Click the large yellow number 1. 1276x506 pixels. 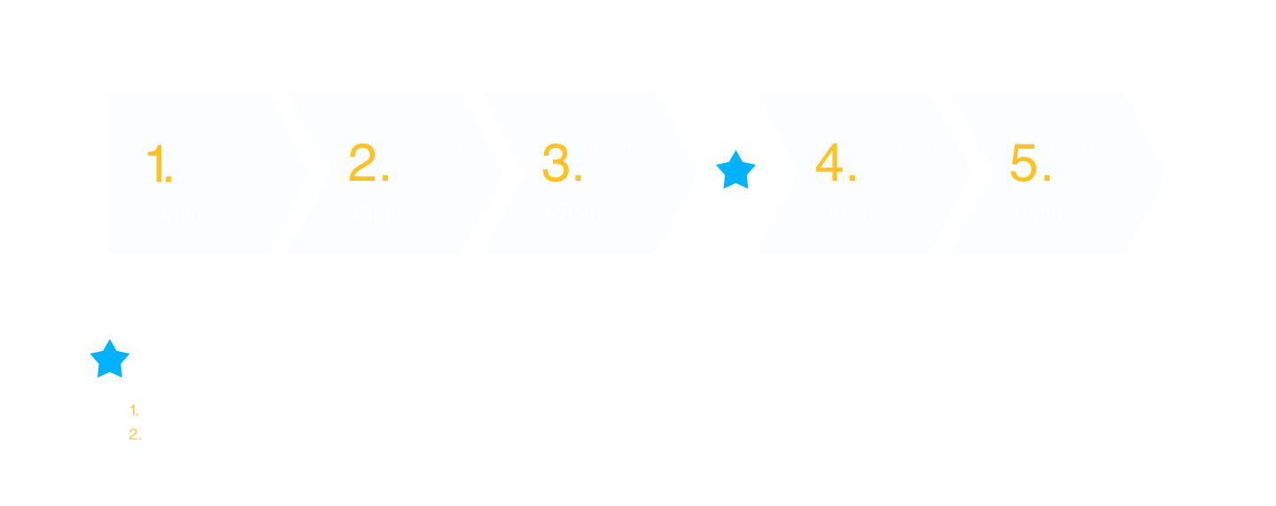point(157,165)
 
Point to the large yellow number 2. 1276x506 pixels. point(368,164)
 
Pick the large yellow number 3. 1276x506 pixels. point(561,164)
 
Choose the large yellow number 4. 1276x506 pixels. point(835,164)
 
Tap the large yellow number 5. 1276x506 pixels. point(1029,164)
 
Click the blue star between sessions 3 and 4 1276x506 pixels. point(735,170)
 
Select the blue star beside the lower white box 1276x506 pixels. point(110,359)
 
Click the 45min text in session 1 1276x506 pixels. point(172,214)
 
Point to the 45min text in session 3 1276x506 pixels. point(572,212)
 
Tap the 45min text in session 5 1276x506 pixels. point(1039,212)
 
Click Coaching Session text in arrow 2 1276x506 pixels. point(424,154)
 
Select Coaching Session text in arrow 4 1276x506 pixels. point(893,154)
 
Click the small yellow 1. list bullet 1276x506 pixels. point(135,411)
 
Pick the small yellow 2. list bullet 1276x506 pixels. point(135,434)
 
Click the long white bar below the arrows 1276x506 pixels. point(637,303)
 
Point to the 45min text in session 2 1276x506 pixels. point(377,214)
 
